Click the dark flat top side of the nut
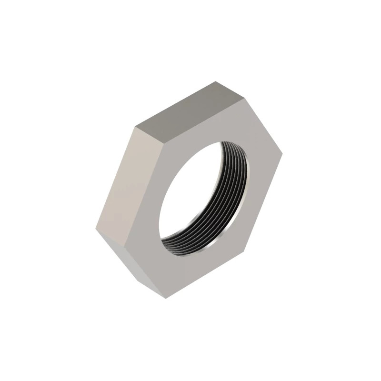point(183,114)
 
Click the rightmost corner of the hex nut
point(283,155)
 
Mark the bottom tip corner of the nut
point(167,299)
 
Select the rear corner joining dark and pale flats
point(134,128)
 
